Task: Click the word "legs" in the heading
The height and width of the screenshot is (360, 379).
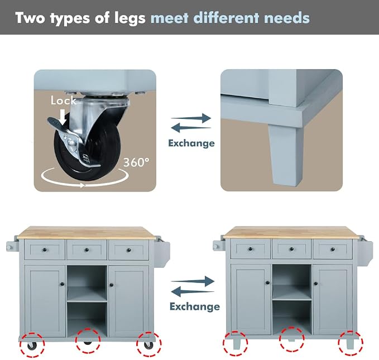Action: point(130,18)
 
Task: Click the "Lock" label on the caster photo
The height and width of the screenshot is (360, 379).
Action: point(63,100)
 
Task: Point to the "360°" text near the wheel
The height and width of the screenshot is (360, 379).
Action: point(136,162)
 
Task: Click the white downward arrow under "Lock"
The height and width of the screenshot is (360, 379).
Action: point(63,117)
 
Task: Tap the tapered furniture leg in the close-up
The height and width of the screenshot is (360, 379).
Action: point(286,155)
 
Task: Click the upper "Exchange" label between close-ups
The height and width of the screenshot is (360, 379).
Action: point(191,143)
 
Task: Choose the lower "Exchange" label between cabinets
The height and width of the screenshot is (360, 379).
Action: point(195,306)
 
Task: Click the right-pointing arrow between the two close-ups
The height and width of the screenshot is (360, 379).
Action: point(191,118)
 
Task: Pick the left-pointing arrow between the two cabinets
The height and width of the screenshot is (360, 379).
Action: point(193,291)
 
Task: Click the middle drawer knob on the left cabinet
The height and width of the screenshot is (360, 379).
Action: point(87,249)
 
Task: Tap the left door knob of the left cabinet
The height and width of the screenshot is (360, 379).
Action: point(63,284)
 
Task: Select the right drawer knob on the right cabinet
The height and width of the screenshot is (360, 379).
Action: point(333,249)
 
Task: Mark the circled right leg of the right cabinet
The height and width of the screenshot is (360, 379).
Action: point(350,344)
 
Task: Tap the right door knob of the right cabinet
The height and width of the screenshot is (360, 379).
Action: point(316,283)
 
